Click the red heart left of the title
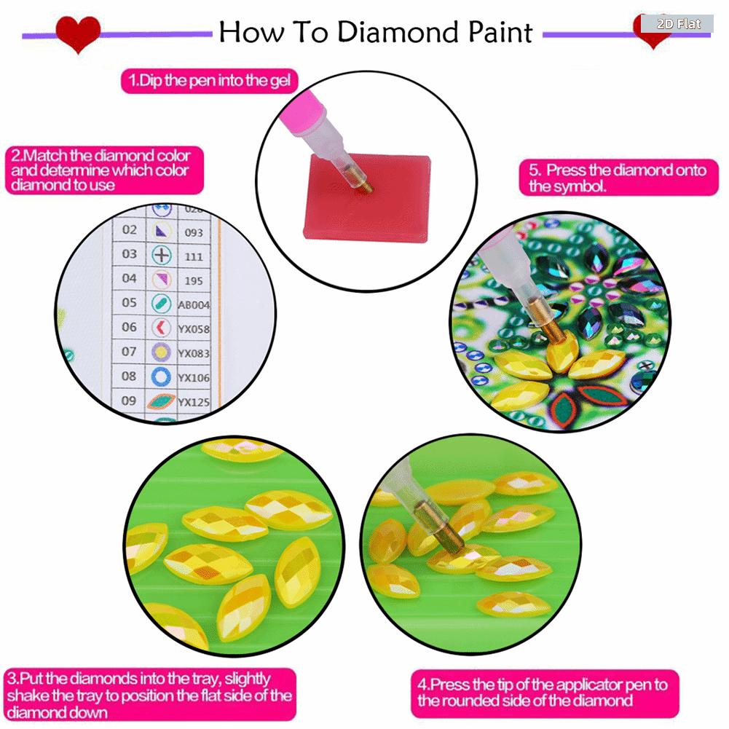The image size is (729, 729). coord(78,34)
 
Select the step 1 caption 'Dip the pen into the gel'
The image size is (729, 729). coord(209,80)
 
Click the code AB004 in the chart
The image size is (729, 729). coord(194,305)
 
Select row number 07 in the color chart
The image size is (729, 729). coord(129,352)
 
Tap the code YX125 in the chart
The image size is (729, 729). coord(194,401)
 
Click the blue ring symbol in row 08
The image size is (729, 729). coord(161,377)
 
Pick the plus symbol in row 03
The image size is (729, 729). coord(161,255)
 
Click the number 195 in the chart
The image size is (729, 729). coord(193,280)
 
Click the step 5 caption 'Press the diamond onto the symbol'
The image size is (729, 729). coord(618,178)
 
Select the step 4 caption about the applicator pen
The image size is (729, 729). coord(543,693)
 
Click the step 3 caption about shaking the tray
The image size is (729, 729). coord(149,695)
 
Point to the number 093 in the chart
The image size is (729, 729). coord(193,232)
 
